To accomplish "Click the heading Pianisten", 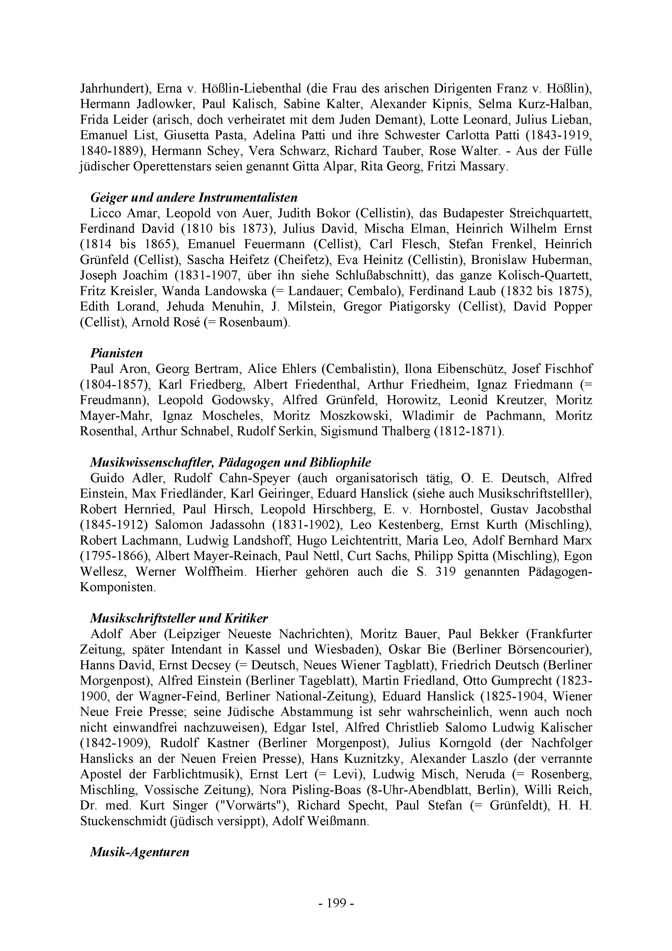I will coord(116,353).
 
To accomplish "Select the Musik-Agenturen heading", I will coord(139,852).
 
